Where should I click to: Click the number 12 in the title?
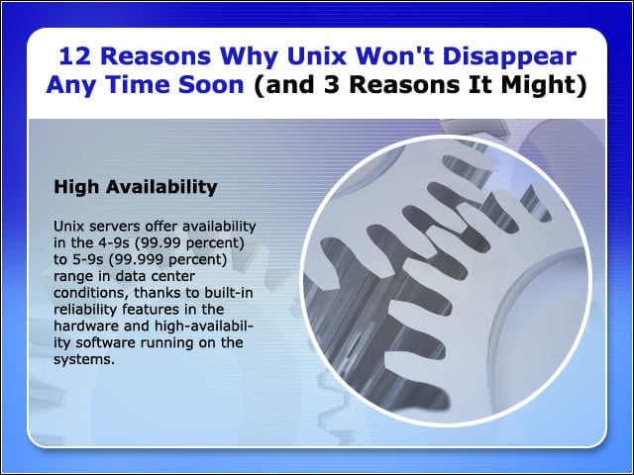coord(74,56)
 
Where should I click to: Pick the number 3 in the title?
coord(332,85)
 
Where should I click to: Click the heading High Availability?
coord(136,187)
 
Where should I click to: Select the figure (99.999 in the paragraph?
coord(137,259)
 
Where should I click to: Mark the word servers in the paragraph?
coord(115,227)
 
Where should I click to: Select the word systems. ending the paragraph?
coord(84,360)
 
